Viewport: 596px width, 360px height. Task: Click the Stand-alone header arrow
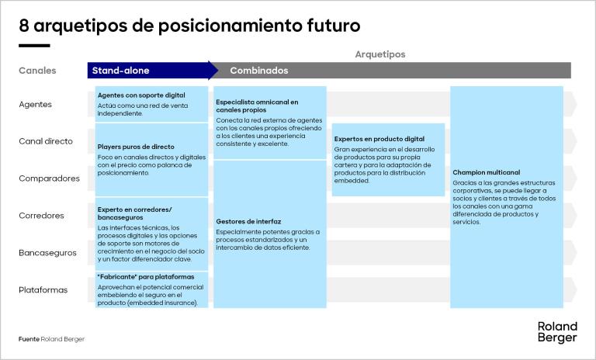[x=152, y=71]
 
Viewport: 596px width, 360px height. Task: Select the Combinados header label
[x=258, y=71]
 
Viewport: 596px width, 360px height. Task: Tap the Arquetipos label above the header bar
[x=379, y=54]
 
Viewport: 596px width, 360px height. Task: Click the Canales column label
[x=37, y=71]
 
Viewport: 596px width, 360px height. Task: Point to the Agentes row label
[x=35, y=104]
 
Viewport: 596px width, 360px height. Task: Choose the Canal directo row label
[x=46, y=141]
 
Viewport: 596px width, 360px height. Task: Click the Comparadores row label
[x=49, y=178]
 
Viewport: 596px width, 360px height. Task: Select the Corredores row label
[x=41, y=216]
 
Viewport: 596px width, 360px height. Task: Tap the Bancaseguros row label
[x=48, y=253]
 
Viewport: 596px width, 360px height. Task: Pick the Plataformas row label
[x=43, y=290]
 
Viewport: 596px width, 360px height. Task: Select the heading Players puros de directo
[x=136, y=147]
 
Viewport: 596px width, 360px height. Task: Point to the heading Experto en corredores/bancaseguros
[x=135, y=214]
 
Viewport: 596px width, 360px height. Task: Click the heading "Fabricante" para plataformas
[x=146, y=277]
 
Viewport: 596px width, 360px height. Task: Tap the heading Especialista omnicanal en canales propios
[x=257, y=106]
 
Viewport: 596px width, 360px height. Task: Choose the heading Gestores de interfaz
[x=248, y=221]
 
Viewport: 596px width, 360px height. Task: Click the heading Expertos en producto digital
[x=379, y=139]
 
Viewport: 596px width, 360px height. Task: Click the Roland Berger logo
[x=557, y=331]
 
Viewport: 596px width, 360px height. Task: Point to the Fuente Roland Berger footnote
[x=52, y=339]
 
